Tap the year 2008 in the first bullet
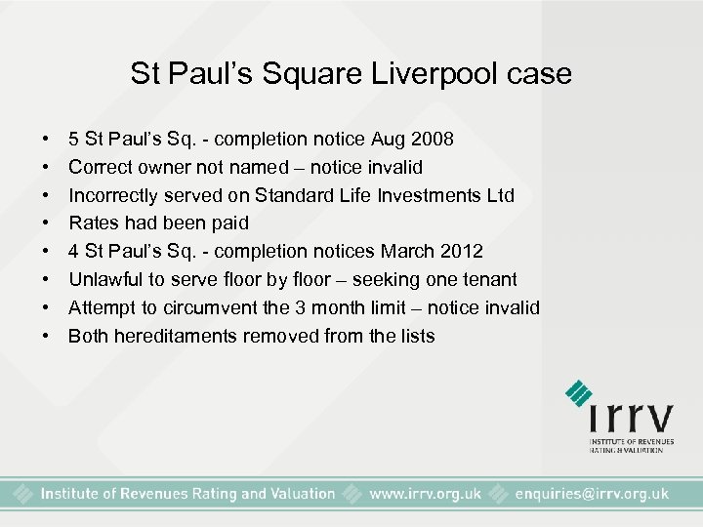click(431, 139)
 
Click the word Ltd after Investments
click(500, 195)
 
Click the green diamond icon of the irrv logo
click(579, 393)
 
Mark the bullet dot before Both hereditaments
click(47, 337)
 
